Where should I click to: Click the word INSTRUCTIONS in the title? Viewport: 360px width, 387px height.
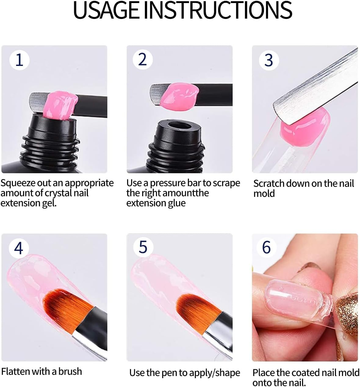click(218, 10)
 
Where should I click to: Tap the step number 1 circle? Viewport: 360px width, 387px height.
click(19, 60)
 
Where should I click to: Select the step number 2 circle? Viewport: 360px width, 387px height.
click(142, 60)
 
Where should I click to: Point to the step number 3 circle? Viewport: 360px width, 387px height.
click(268, 60)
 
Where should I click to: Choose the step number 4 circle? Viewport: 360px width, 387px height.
click(19, 248)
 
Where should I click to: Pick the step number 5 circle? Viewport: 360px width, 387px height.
click(143, 247)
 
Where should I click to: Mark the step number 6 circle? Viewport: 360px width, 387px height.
click(266, 247)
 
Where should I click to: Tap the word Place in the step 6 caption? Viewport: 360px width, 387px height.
click(264, 373)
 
